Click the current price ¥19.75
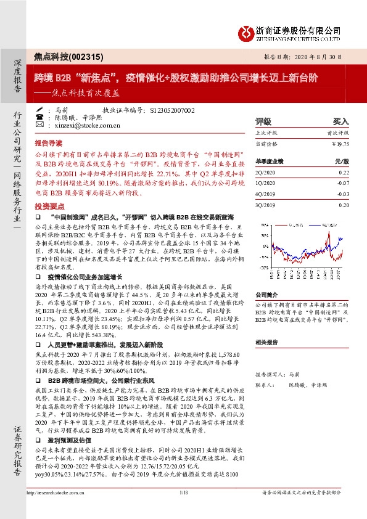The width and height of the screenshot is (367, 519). pyautogui.click(x=340, y=144)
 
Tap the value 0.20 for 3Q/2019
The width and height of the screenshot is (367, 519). pyautogui.click(x=344, y=203)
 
